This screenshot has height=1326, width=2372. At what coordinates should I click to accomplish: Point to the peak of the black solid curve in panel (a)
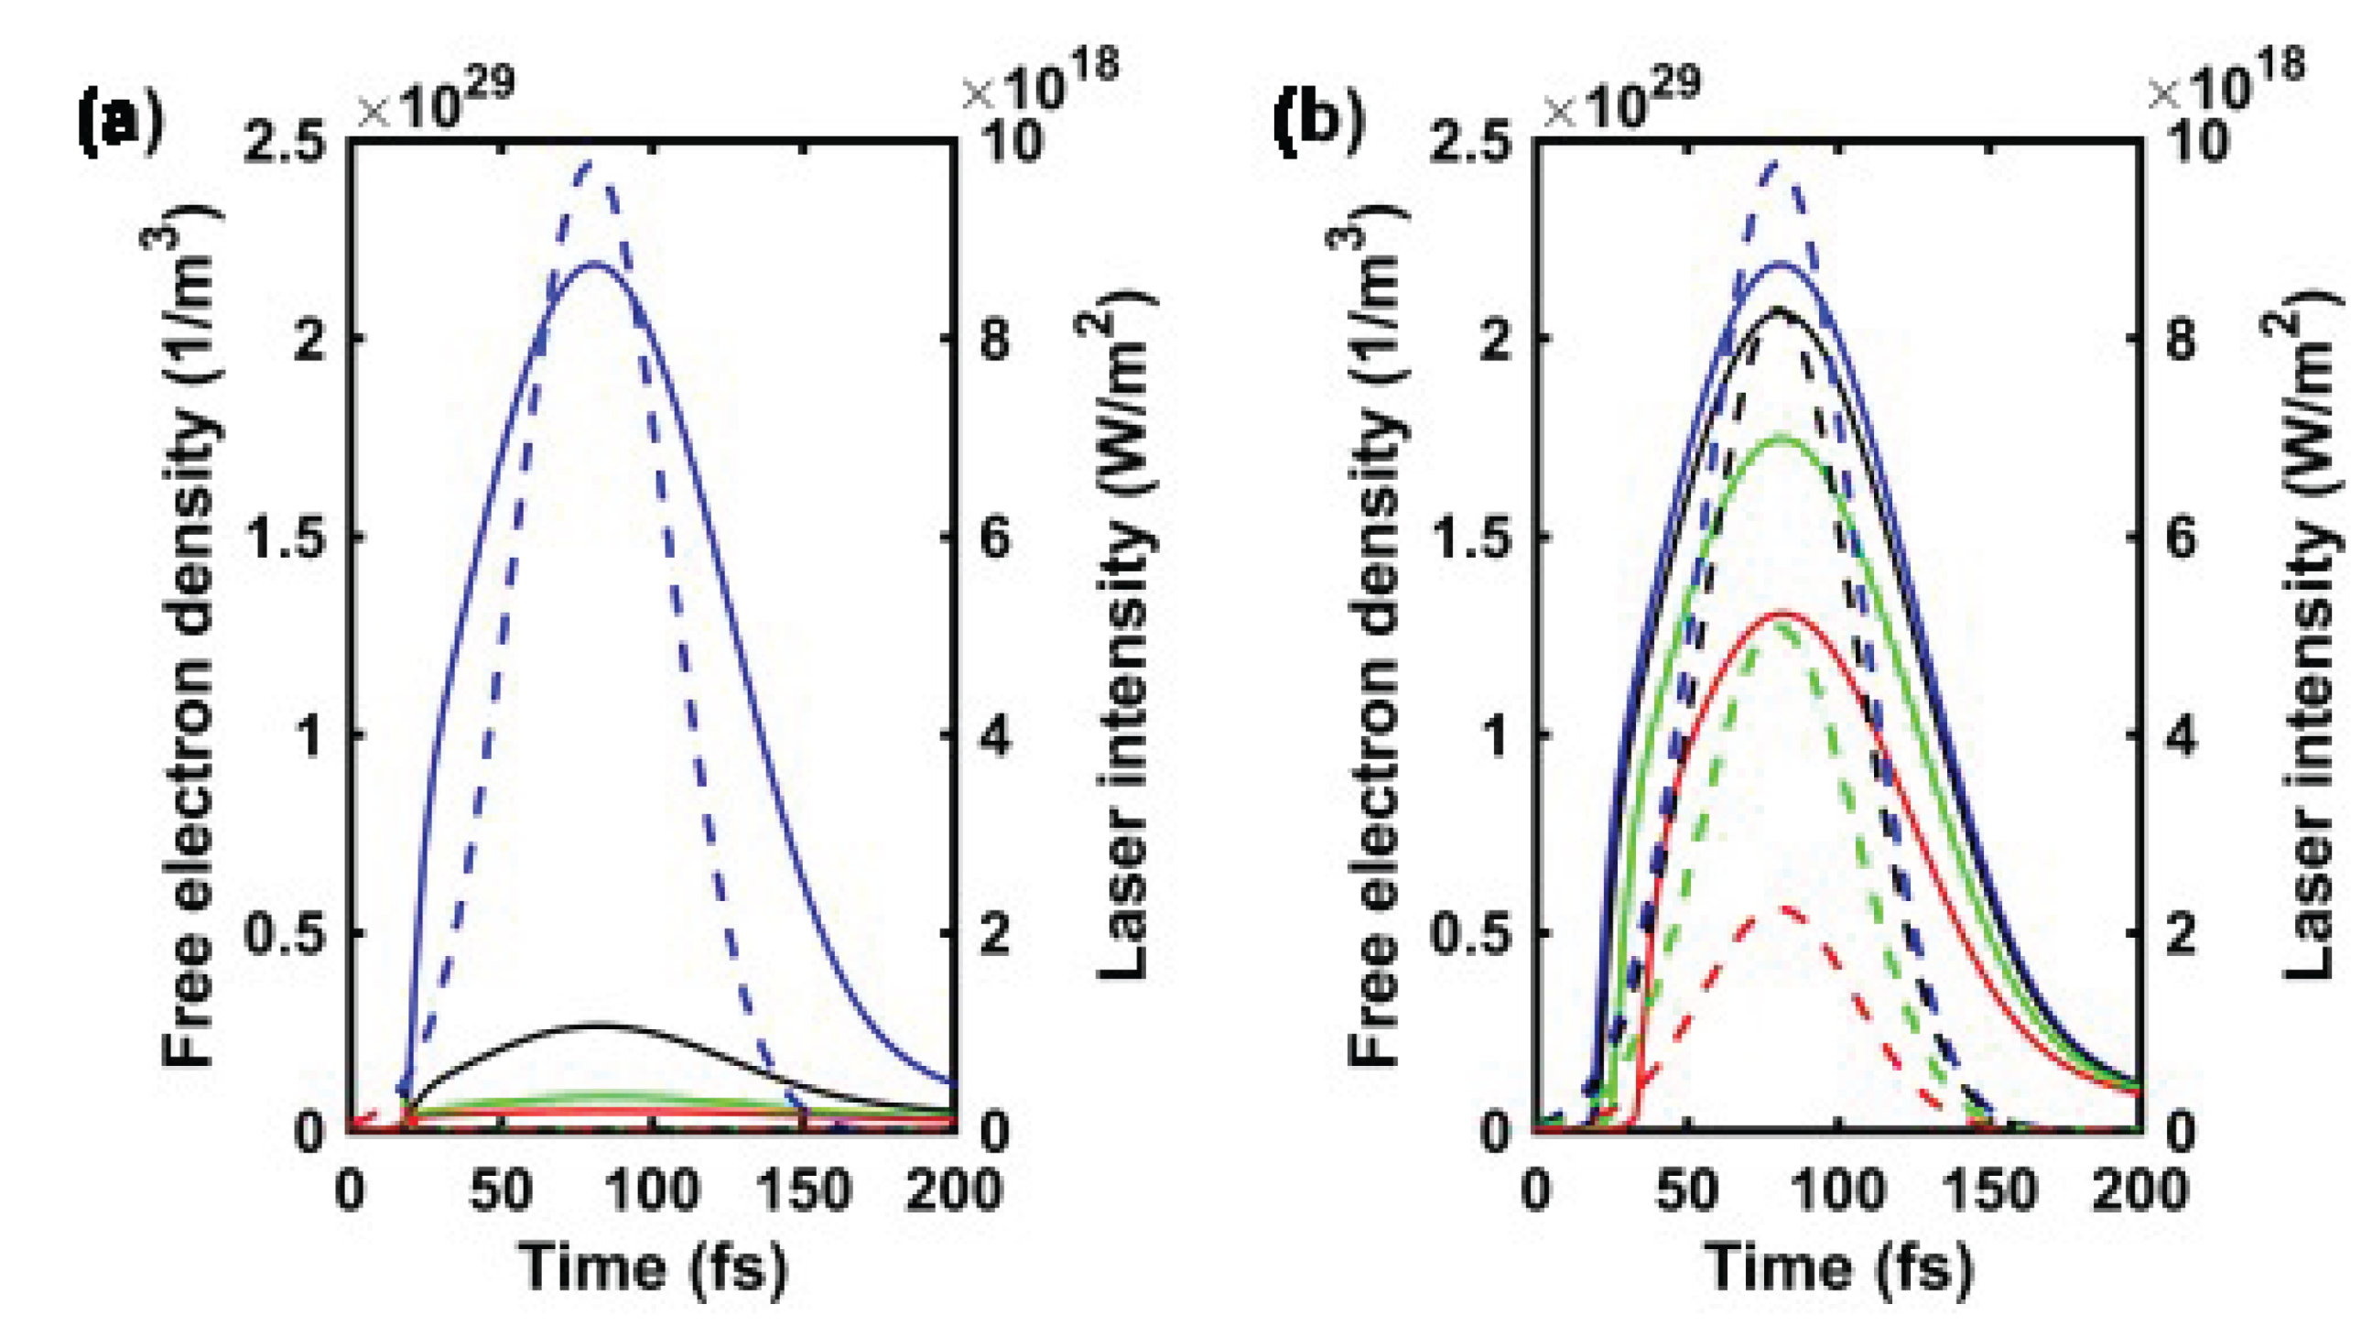pos(599,1024)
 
